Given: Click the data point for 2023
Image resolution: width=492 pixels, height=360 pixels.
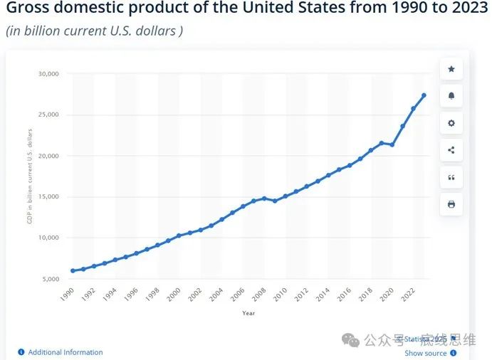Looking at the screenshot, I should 424,95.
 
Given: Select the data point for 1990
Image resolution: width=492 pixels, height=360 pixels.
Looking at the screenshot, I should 73,271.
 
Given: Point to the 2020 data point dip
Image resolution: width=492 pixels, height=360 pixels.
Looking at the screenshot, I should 392,144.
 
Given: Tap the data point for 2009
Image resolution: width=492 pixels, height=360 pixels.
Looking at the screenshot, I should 275,201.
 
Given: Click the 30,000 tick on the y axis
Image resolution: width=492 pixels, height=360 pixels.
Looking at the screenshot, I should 49,74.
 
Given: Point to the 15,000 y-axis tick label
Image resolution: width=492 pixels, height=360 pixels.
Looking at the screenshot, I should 49,197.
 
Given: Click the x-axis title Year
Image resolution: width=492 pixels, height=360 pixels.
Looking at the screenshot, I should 248,313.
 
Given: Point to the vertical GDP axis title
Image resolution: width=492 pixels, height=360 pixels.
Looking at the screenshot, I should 30,176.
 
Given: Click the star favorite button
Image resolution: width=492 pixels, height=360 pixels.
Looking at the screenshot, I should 451,69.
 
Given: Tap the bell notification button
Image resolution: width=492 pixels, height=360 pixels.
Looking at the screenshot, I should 451,96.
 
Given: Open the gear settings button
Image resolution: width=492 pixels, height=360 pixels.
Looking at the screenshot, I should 451,123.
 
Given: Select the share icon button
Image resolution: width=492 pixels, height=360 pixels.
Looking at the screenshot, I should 451,150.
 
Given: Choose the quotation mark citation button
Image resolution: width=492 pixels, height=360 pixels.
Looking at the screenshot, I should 451,177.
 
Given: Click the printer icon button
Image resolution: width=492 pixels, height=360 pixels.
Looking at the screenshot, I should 451,204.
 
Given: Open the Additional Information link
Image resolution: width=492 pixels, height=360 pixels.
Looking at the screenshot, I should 65,352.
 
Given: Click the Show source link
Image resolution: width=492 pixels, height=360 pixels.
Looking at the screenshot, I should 426,353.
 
